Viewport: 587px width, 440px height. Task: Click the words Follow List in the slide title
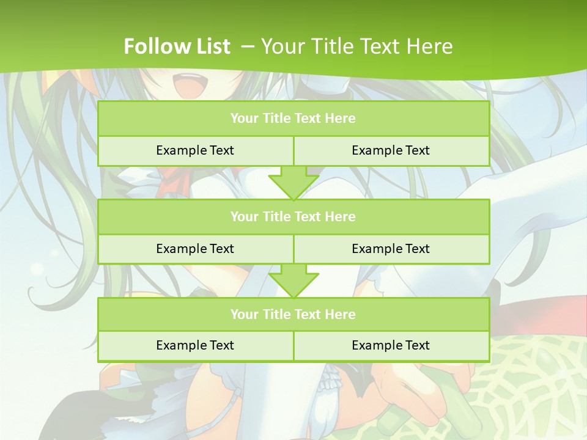[x=177, y=46]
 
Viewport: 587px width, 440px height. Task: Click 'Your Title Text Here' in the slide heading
[x=357, y=46]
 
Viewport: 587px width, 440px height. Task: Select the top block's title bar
[x=293, y=119]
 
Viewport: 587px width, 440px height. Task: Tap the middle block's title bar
[x=293, y=216]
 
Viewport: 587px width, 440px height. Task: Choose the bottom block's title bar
[x=293, y=314]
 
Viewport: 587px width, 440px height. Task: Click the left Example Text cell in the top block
[x=195, y=150]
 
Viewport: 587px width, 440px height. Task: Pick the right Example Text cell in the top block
[x=391, y=150]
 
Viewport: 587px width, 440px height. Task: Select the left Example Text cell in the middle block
[x=195, y=249]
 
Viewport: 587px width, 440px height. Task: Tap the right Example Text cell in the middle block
[x=391, y=249]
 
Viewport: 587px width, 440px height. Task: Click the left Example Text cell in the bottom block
[x=195, y=345]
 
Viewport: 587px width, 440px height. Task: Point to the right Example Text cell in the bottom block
[x=391, y=345]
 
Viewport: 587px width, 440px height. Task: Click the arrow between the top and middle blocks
[x=293, y=183]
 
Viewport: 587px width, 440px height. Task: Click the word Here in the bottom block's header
[x=341, y=314]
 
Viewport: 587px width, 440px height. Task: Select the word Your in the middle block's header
[x=245, y=216]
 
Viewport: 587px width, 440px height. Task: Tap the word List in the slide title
[x=212, y=46]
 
